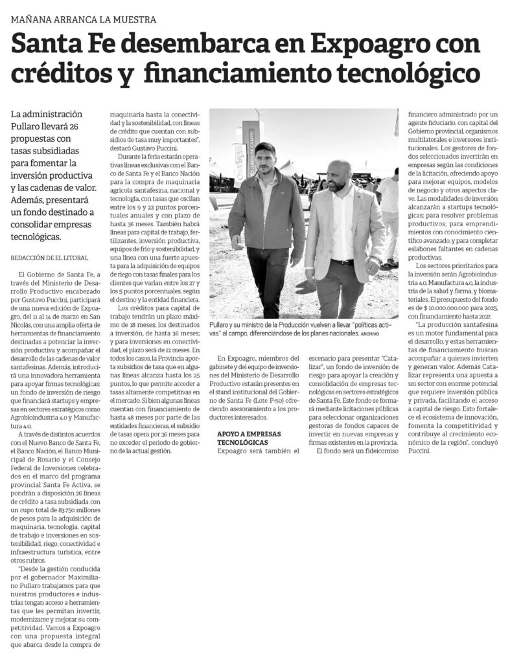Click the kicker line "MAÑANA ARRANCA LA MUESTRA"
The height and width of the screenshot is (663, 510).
(84, 19)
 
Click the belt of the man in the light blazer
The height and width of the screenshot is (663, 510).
(342, 262)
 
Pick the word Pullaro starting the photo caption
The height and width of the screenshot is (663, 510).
(222, 323)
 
